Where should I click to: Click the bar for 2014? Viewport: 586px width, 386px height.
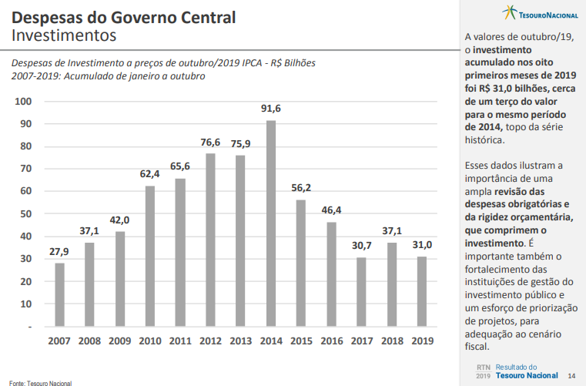271,223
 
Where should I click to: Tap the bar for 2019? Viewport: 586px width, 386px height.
422,291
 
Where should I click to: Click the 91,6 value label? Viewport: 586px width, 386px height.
271,109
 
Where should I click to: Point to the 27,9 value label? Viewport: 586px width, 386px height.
59,252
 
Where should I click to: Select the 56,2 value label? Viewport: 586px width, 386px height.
301,188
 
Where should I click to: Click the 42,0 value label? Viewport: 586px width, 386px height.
120,220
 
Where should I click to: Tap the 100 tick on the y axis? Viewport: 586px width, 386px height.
22,102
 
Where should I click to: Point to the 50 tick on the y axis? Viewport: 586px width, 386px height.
25,213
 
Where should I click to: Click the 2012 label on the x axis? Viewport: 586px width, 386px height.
210,341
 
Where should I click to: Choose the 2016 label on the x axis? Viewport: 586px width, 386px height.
331,341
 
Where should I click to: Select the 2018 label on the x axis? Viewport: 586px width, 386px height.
392,341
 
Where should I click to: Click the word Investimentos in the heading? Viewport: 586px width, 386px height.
64,35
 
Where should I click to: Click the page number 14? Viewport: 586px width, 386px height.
571,375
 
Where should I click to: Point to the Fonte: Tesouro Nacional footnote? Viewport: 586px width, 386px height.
39,381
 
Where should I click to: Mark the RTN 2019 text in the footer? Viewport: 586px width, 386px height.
483,371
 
